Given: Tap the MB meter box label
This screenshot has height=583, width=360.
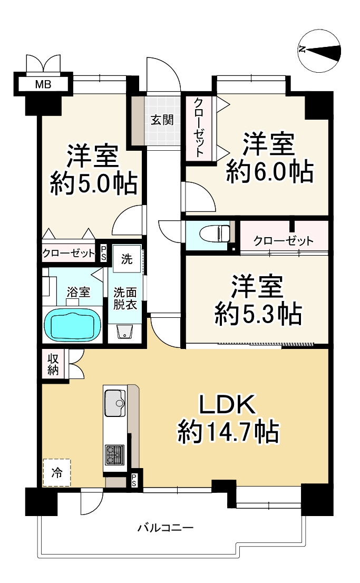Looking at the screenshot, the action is coord(43,85).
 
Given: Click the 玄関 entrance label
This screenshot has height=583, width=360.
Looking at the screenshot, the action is coord(162,120).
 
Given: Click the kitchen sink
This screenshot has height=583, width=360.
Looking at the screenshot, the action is coord(115,403).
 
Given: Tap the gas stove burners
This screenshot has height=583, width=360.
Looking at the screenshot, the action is coord(114,455).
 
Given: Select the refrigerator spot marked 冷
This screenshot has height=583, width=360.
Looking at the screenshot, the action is coord(56,473).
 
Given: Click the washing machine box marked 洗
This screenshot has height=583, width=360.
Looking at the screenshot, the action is coord(127,259).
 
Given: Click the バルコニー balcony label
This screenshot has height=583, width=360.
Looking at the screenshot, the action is coord(166,528).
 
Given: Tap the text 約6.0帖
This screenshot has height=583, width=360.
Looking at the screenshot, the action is coord(270,172).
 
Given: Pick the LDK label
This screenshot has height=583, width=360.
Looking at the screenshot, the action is coord(228,404).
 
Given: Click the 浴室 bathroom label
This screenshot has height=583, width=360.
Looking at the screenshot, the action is coord(79,292).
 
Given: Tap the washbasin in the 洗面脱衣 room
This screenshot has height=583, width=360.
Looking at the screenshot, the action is coord(124,331).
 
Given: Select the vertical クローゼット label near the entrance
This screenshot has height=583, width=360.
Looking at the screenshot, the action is coord(199,127).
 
